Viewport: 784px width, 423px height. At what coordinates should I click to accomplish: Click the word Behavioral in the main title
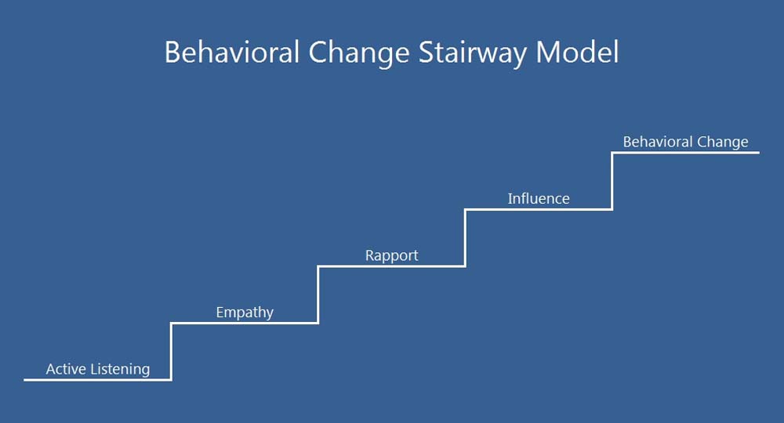coord(232,52)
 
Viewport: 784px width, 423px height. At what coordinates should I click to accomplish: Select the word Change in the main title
coord(359,53)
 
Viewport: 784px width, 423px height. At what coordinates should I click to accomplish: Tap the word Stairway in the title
coord(473,53)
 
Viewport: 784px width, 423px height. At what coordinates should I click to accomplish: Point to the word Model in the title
coord(577,52)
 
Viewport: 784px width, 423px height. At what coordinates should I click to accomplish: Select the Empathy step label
coord(245,313)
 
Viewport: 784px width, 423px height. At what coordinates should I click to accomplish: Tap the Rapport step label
coord(391,256)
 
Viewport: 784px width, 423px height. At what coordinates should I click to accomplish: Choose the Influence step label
coord(539,199)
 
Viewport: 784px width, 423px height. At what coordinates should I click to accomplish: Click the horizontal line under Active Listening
coord(97,380)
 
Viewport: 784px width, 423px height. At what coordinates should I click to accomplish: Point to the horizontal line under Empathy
coord(245,323)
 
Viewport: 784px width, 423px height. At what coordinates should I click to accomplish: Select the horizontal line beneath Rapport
coord(391,266)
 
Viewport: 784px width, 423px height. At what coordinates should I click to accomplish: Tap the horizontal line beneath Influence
coord(539,209)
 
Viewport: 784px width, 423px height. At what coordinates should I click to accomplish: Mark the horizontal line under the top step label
coord(685,152)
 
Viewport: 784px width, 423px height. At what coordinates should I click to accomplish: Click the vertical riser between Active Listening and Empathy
coord(171,352)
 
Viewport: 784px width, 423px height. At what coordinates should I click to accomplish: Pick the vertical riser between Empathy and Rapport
coord(318,295)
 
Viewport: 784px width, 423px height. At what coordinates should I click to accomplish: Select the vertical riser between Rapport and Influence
coord(465,237)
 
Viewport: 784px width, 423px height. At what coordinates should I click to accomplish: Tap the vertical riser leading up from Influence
coord(612,181)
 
